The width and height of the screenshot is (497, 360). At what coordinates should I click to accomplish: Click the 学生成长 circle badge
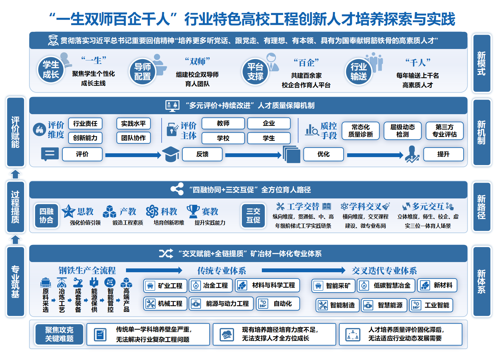pyautogui.click(x=51, y=70)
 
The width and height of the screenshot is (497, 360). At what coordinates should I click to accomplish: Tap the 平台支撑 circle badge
pyautogui.click(x=255, y=72)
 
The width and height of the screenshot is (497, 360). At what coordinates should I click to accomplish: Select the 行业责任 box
pyautogui.click(x=85, y=123)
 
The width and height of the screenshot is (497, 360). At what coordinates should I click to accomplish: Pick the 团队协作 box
pyautogui.click(x=133, y=138)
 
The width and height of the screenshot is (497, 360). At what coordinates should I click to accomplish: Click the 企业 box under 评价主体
pyautogui.click(x=269, y=123)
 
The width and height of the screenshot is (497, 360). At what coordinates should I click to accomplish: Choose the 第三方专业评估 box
pyautogui.click(x=444, y=131)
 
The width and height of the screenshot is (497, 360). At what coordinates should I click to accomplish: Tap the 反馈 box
pyautogui.click(x=202, y=154)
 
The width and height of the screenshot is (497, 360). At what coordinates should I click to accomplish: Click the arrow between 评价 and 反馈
pyautogui.click(x=133, y=155)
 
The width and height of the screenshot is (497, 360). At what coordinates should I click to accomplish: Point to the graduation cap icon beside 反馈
pyautogui.click(x=171, y=154)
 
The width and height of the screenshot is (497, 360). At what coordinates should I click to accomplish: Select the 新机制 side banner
pyautogui.click(x=482, y=132)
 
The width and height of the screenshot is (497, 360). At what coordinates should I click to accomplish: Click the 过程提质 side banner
pyautogui.click(x=16, y=207)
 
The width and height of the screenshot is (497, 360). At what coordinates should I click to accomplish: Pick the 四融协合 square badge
pyautogui.click(x=46, y=216)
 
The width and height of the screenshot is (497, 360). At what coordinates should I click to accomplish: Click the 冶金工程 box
pyautogui.click(x=211, y=286)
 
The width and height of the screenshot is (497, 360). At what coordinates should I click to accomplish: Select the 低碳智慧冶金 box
pyautogui.click(x=386, y=286)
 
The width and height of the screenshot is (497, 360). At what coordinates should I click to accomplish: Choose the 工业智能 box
pyautogui.click(x=431, y=305)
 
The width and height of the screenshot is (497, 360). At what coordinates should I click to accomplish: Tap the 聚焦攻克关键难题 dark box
pyautogui.click(x=59, y=334)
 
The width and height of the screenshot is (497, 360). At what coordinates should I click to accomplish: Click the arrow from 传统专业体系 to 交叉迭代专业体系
pyautogui.click(x=304, y=270)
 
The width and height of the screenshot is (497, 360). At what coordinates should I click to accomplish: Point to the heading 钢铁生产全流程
pyautogui.click(x=87, y=270)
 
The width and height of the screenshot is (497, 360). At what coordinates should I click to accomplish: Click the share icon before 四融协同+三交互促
pyautogui.click(x=177, y=189)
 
